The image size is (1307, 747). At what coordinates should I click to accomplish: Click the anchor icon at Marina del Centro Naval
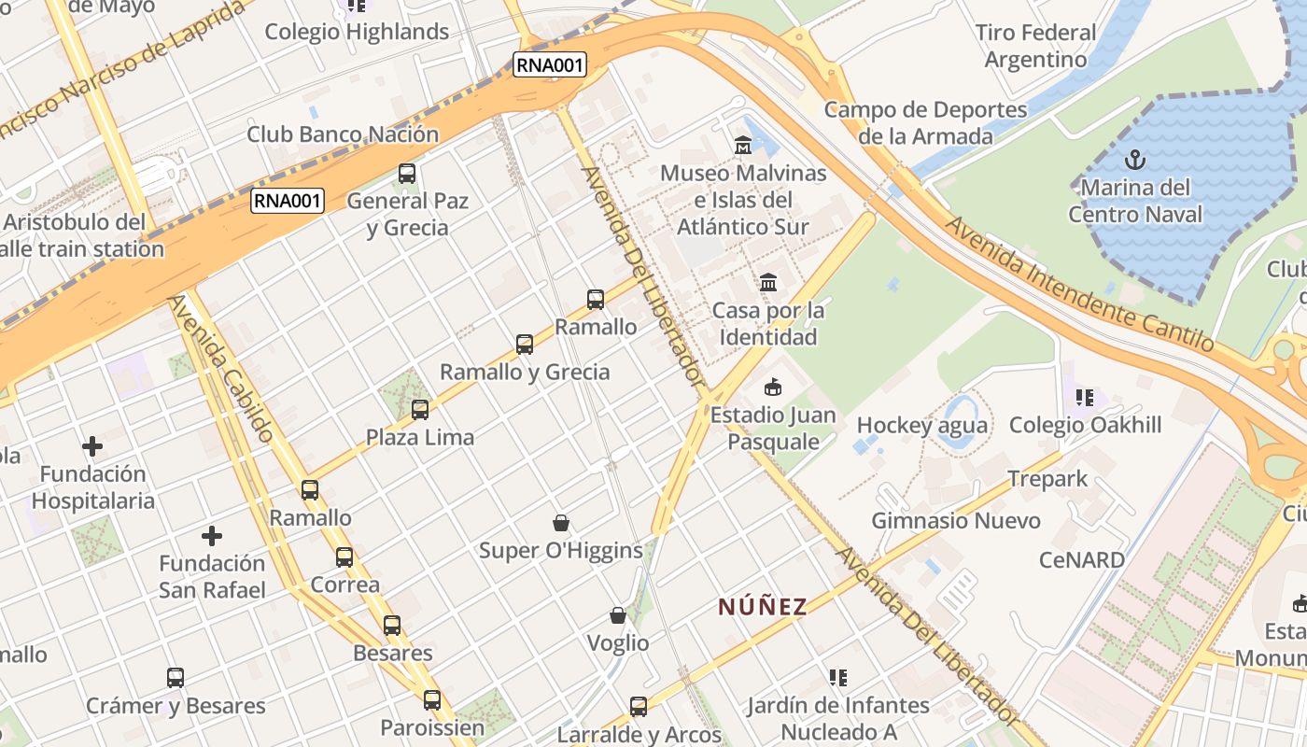pos(1135,159)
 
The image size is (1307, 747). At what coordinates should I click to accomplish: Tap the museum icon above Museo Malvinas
pos(743,145)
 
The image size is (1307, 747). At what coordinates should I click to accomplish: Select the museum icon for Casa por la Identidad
pos(768,282)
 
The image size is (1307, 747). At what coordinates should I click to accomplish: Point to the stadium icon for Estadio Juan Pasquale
pos(773,387)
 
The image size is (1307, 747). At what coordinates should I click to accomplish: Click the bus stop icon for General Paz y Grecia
pos(406,173)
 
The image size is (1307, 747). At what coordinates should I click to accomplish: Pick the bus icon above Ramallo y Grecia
pos(525,344)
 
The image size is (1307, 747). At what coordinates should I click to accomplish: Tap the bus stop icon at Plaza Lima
pos(420,409)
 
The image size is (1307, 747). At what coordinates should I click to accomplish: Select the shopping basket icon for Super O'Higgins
pos(561,523)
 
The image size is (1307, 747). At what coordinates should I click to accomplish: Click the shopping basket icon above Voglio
pos(618,615)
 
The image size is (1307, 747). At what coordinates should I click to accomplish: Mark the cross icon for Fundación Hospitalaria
pos(92,446)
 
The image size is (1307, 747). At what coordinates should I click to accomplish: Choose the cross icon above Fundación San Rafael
pos(212,536)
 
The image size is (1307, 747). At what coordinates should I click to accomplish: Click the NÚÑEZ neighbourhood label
pos(763,607)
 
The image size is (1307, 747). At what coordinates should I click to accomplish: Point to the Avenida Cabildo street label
pos(221,368)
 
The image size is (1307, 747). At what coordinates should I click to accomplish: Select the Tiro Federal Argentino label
pos(1035,46)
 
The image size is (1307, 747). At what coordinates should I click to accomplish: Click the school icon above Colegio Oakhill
pos(1084,398)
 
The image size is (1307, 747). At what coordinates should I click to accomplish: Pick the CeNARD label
pos(1082,560)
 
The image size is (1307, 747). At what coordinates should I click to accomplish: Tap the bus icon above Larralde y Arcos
pos(639,707)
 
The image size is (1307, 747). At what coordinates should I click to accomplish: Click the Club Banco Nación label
pos(343,134)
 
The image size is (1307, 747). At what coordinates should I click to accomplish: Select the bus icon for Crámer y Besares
pos(176,678)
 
